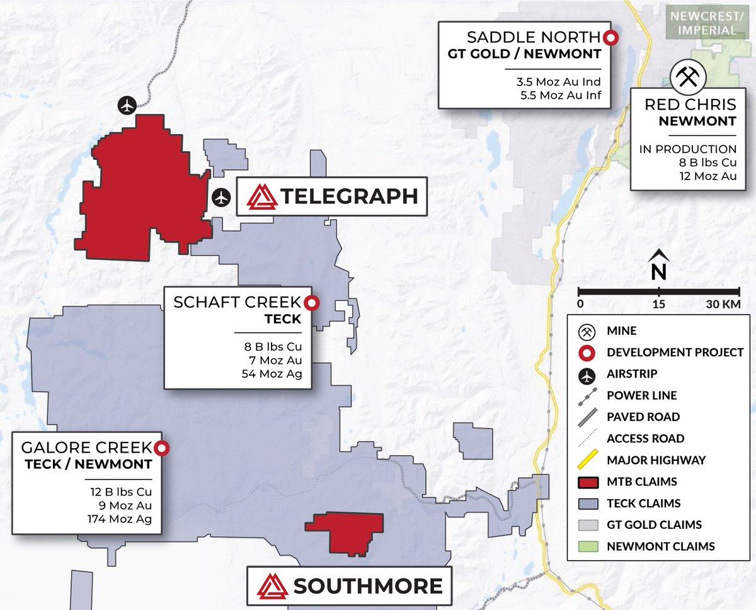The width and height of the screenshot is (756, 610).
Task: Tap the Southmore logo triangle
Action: [273, 586]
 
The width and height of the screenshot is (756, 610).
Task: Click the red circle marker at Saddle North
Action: [610, 38]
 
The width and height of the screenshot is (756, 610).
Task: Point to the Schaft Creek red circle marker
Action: [311, 303]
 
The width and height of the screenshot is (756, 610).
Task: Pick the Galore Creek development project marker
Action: [161, 448]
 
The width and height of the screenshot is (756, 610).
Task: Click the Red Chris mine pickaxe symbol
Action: [688, 77]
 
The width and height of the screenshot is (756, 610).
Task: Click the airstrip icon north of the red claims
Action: [127, 105]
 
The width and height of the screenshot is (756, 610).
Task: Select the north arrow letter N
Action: [658, 271]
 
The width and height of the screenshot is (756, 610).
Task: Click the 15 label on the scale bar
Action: [658, 304]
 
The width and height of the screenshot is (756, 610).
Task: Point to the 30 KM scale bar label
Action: [723, 304]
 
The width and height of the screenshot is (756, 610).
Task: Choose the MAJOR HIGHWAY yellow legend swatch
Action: [587, 460]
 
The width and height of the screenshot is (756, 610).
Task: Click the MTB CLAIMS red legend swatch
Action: [587, 482]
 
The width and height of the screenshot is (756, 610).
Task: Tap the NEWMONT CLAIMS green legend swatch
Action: [587, 546]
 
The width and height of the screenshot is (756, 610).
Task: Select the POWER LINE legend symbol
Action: [587, 395]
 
